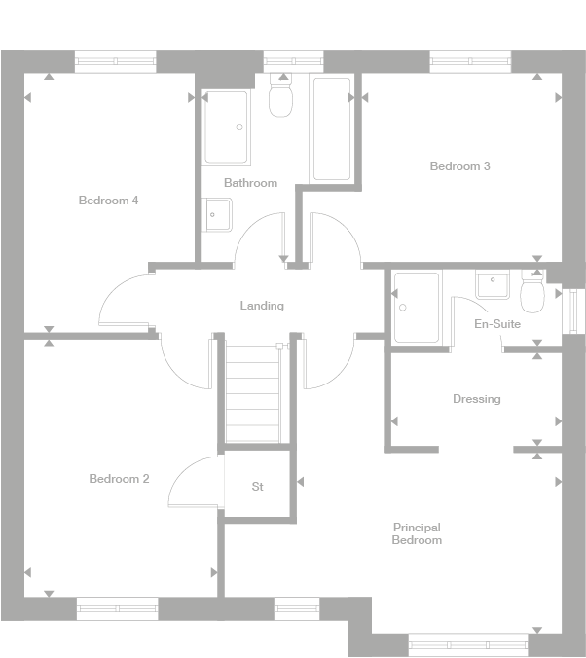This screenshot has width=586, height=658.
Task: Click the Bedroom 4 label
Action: [108, 201]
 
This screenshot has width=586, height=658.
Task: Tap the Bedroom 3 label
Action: [459, 166]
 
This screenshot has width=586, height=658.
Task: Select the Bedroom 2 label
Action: [119, 479]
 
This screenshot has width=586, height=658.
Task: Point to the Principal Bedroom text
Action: [417, 533]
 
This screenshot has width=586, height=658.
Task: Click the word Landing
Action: [262, 306]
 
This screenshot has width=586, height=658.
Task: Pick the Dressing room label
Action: [476, 399]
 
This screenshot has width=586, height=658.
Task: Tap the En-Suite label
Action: [496, 324]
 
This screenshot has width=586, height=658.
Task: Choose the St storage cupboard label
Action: [257, 487]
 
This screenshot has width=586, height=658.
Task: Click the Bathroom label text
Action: [250, 183]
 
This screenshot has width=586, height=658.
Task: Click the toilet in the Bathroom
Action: [280, 98]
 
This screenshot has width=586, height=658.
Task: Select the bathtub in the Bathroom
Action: [331, 128]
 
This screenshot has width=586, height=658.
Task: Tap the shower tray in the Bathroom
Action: [226, 128]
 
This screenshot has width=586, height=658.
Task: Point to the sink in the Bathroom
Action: [217, 214]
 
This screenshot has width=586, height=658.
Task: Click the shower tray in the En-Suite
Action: [416, 307]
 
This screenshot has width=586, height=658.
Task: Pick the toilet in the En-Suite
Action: [532, 291]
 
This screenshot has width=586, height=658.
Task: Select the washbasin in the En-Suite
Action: [492, 284]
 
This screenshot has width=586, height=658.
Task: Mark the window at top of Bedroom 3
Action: [470, 61]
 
